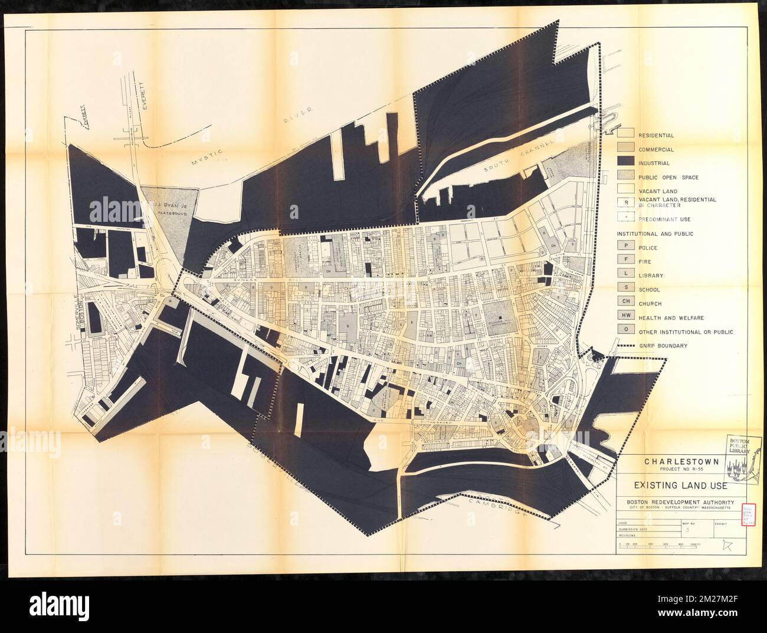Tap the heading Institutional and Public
click(x=655, y=234)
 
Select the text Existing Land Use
click(x=672, y=487)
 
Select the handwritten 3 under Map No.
click(x=689, y=530)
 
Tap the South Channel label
click(x=518, y=158)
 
